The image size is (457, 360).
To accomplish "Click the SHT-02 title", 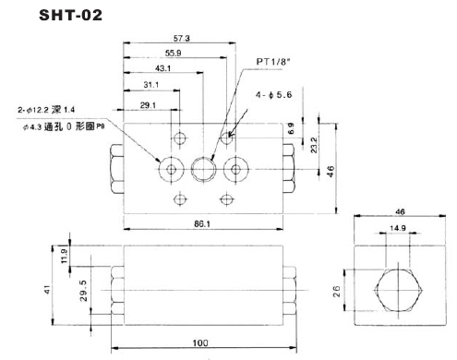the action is click(70, 15).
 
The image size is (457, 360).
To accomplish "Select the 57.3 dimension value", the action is click(182, 38).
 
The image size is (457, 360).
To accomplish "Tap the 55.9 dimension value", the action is click(173, 53).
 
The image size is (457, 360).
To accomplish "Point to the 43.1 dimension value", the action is click(162, 68).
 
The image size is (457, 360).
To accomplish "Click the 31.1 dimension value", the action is click(151, 84).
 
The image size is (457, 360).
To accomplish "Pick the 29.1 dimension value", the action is click(148, 105).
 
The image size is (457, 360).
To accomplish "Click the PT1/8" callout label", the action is click(273, 62).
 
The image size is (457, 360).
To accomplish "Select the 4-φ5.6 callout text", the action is click(273, 95).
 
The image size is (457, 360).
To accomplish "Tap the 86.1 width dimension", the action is click(202, 223).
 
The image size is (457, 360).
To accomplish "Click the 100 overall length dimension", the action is click(200, 342).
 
